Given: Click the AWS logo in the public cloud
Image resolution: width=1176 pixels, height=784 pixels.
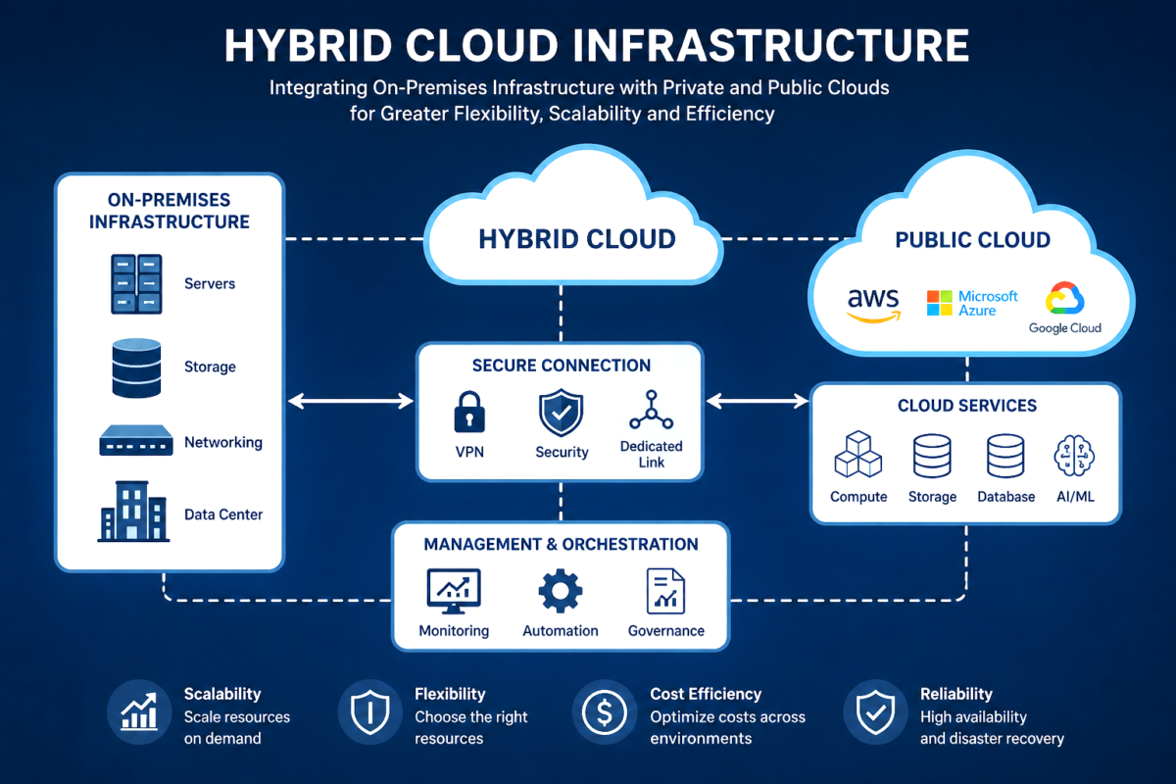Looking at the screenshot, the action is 873,305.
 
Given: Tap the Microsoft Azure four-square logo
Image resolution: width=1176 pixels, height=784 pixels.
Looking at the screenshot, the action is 939,303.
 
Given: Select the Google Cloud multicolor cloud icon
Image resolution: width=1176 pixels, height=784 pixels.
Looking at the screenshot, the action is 1064,298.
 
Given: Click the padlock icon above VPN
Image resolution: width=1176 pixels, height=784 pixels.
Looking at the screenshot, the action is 469,412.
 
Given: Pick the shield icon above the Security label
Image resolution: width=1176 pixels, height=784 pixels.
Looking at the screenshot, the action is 562,413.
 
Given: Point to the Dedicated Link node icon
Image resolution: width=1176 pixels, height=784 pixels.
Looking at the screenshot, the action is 652,410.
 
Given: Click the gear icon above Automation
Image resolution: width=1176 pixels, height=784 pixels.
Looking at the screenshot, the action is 561,591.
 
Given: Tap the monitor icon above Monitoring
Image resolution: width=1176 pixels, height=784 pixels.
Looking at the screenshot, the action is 454,591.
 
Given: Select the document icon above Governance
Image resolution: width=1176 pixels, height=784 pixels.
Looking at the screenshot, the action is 665,591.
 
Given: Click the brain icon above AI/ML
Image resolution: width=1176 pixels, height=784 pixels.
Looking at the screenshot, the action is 1074,456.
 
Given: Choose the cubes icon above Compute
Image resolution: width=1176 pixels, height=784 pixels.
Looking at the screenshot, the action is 857,454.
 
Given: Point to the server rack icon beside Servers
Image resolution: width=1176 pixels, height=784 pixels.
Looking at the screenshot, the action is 136,284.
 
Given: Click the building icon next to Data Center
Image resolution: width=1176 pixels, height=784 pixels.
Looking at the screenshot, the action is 133,511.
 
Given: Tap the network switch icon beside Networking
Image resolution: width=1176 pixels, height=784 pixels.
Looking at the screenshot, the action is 136,440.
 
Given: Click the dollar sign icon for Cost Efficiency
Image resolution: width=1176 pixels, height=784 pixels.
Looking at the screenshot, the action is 605,712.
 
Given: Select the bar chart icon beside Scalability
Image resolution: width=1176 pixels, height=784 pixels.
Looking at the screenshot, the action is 139,711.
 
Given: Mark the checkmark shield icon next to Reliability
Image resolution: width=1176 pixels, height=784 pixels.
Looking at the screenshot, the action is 875,712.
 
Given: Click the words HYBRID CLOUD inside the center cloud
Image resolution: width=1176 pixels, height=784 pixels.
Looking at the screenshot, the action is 577,239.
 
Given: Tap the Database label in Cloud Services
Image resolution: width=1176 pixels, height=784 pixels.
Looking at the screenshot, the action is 1005,497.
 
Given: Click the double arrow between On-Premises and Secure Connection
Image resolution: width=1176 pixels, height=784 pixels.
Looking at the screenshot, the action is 351,401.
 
